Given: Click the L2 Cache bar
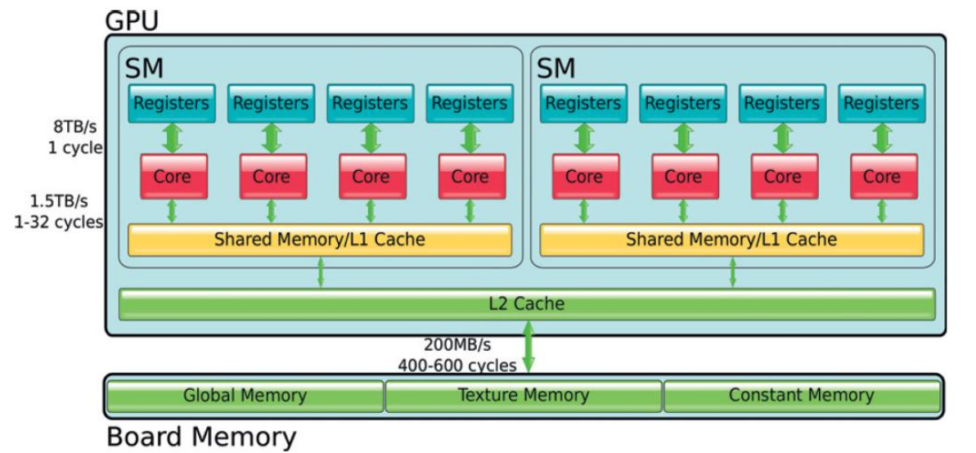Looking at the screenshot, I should coord(527,303).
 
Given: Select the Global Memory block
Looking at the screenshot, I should coord(245,396).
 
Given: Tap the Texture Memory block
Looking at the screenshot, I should coord(523,396).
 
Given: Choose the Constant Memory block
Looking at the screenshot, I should coord(801,396).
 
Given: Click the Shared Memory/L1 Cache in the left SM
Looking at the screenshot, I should coord(320,240).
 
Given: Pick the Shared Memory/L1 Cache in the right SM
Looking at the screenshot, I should coord(731,240).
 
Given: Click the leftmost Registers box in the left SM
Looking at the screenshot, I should coord(172,103).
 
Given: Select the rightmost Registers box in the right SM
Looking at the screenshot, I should coord(881,103).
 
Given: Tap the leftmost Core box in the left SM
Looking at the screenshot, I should coord(172,176).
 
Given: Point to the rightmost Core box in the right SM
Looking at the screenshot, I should coord(881,176).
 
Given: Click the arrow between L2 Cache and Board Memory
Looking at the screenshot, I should coord(528,348).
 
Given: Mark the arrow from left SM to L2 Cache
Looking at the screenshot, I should coord(320,272).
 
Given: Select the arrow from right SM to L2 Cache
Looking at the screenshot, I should coord(732,272).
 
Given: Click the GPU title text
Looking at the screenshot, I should coord(132,20).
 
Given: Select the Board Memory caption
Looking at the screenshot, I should coord(201,437).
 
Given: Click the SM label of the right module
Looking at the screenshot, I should coord(556,68).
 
